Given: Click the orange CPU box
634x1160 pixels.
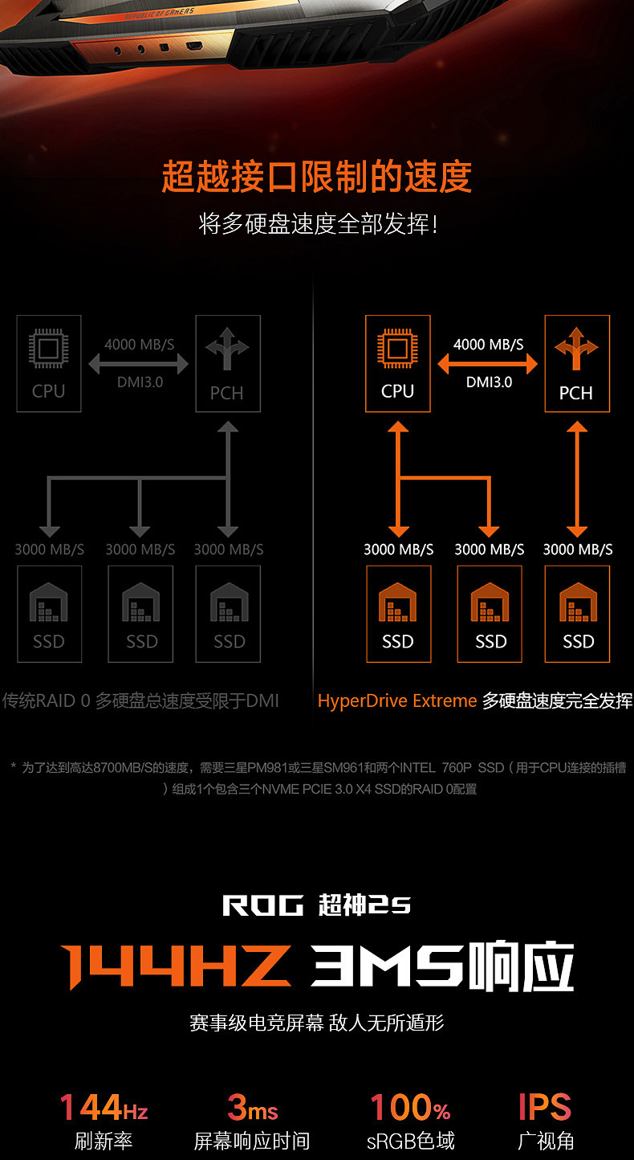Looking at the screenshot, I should pos(397,363).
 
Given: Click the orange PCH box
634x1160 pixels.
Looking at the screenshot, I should pos(576,363).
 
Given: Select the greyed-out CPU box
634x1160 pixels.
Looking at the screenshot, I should pos(49,363).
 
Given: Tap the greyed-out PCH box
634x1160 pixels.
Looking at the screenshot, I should pos(227,363).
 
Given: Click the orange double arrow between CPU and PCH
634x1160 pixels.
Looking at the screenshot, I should pos(487,364).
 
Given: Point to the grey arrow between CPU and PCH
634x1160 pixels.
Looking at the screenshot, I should pos(138,364).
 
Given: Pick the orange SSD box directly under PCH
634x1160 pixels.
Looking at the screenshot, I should pos(577,614).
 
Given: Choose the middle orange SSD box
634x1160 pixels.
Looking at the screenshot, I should pos(490,614).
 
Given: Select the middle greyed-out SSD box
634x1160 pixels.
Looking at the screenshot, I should pos(140,614).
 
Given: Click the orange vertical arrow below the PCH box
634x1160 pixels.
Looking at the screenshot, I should pos(577,479).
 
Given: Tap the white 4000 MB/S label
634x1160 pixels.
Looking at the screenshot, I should pos(488,345).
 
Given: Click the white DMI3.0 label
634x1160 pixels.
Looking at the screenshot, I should pos(489,382).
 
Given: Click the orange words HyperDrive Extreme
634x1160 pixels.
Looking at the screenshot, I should pos(397,700).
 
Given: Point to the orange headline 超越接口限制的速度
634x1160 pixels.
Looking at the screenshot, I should pos(317,177).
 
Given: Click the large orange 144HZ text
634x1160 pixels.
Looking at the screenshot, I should pos(176,966).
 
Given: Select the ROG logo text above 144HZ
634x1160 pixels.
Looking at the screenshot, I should pos(263,906).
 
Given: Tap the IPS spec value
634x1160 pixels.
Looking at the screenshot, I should pos(545,1108).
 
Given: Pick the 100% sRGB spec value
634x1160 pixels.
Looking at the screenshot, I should pos(410,1108).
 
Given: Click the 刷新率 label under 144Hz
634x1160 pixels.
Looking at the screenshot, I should pos(104,1141).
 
